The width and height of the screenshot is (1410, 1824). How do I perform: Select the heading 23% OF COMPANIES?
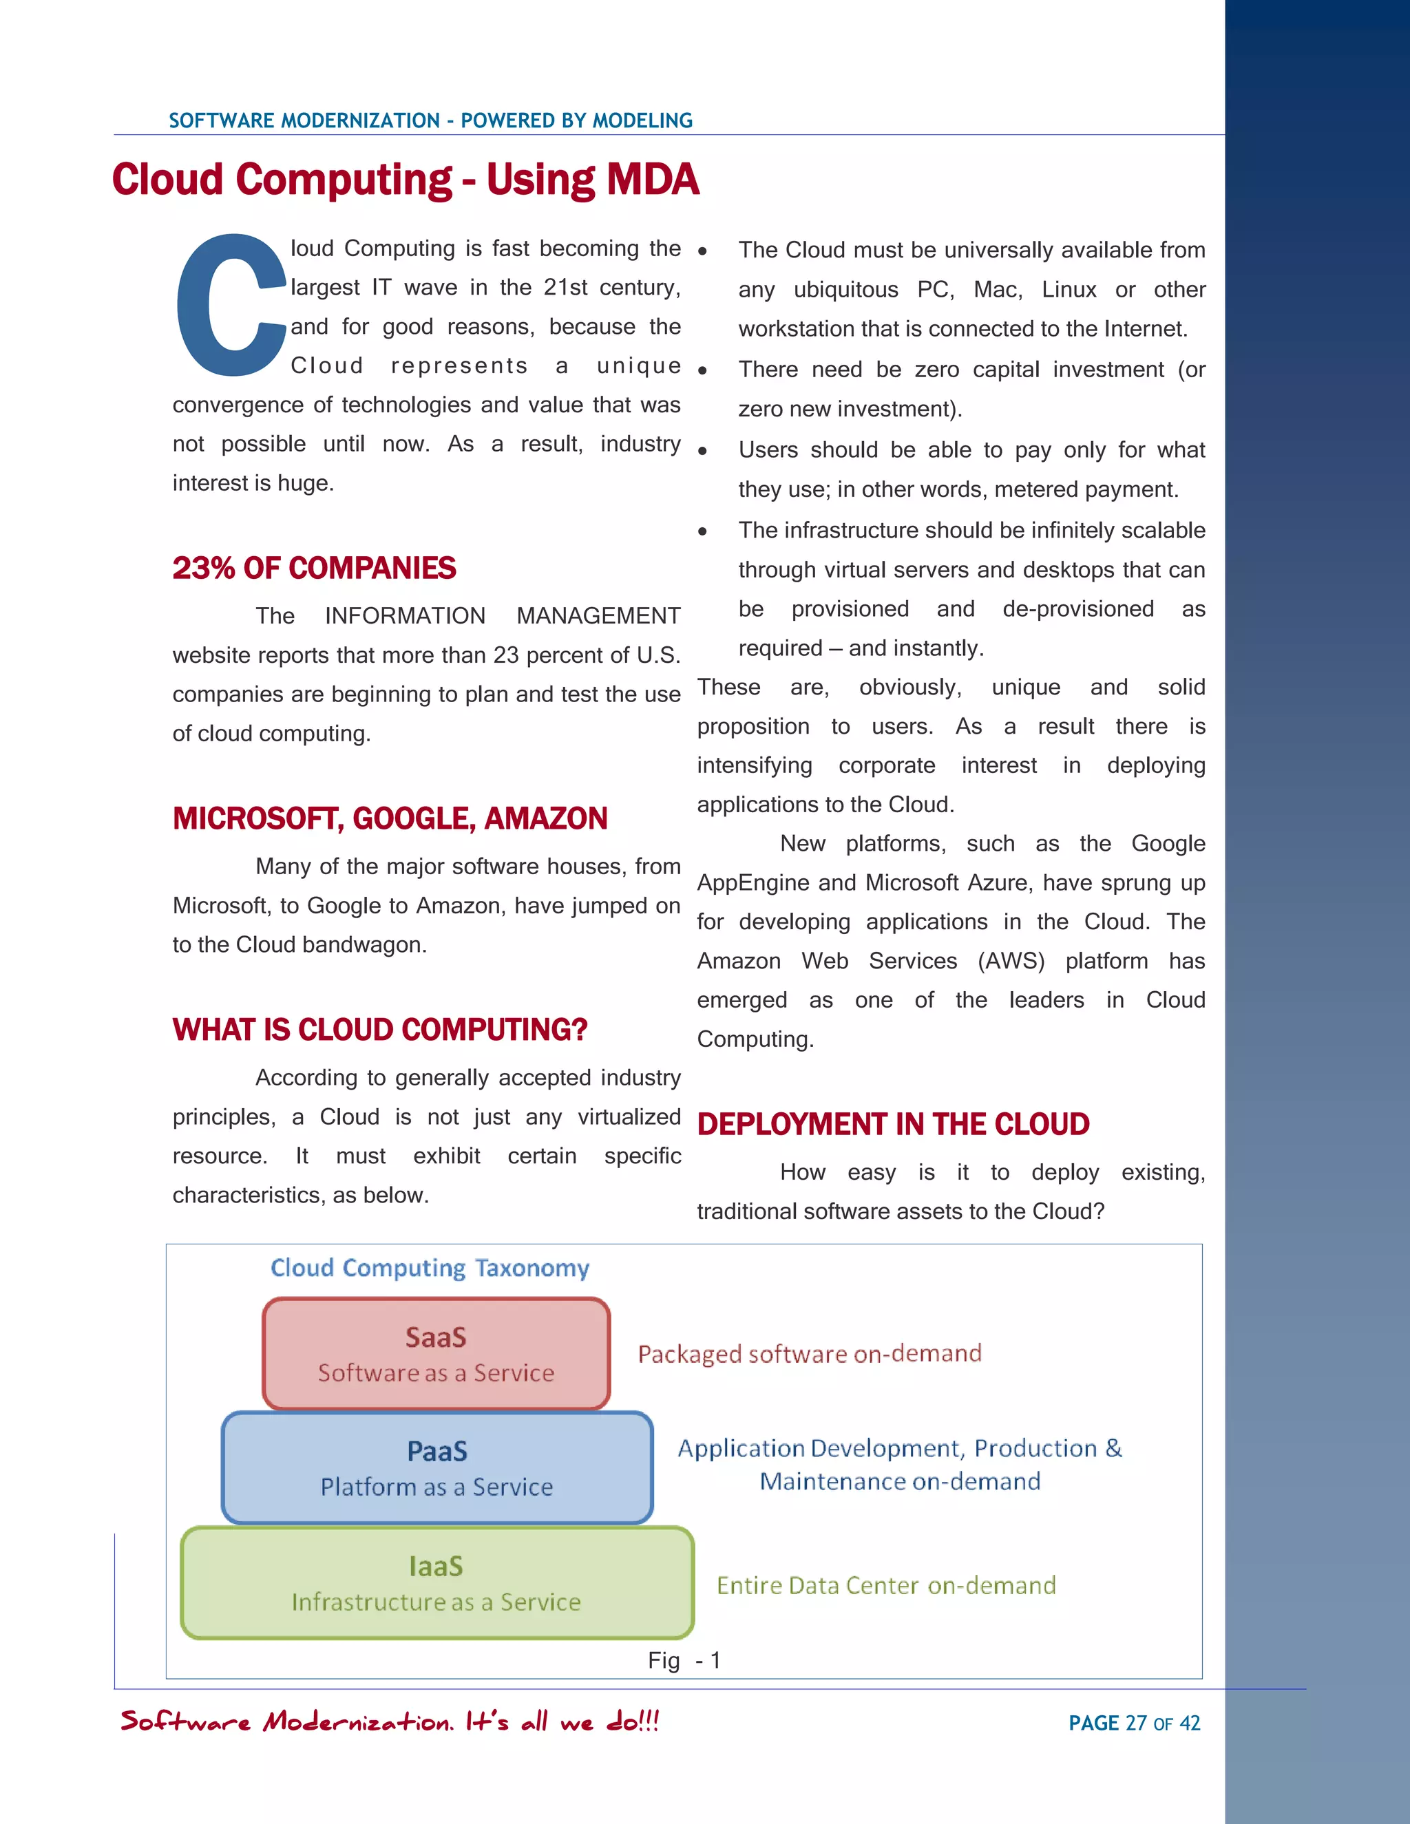pos(314,569)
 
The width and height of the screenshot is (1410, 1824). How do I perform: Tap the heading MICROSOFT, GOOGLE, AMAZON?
pos(389,818)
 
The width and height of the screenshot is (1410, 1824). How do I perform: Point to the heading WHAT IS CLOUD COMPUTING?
pos(379,1030)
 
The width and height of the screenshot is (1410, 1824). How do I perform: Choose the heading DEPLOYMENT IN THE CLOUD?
pos(893,1124)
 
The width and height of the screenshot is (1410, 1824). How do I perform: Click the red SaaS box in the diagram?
pos(436,1354)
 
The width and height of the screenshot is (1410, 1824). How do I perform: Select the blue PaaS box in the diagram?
pos(436,1468)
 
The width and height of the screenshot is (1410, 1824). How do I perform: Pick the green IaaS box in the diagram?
pos(436,1582)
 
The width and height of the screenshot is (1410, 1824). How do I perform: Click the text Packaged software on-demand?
pos(810,1354)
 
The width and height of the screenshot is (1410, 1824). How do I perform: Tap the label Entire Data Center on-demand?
pos(886,1585)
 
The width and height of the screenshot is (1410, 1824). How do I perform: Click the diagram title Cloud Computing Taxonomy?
pos(430,1268)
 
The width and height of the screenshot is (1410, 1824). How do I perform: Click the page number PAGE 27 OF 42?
pos(1133,1723)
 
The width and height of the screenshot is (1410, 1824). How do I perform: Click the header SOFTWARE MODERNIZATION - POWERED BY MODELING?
pos(430,120)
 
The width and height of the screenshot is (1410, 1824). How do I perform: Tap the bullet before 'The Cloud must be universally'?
pos(702,251)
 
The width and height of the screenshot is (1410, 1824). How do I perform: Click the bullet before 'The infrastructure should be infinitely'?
pos(702,532)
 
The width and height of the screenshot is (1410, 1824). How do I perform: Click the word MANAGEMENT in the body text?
pos(598,616)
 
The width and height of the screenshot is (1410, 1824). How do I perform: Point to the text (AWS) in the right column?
pos(1011,962)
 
